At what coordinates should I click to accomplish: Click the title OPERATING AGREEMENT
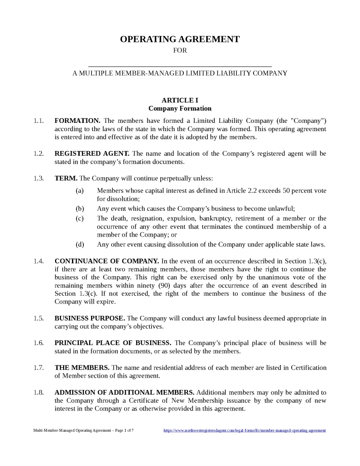pyautogui.click(x=180, y=39)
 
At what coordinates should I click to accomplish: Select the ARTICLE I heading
pyautogui.click(x=180, y=100)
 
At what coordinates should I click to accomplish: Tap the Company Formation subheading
pyautogui.click(x=180, y=108)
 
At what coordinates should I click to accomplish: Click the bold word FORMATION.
pyautogui.click(x=77, y=121)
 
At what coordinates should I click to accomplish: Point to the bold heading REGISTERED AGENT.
pyautogui.click(x=92, y=153)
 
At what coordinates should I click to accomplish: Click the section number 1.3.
pyautogui.click(x=38, y=178)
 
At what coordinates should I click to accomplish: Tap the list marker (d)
pyautogui.click(x=80, y=244)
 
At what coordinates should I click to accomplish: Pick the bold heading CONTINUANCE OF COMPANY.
pyautogui.click(x=106, y=261)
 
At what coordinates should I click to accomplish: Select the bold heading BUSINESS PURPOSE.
pyautogui.click(x=90, y=318)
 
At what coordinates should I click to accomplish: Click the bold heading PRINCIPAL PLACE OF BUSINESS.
pyautogui.click(x=113, y=343)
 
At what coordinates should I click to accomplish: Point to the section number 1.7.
pyautogui.click(x=38, y=367)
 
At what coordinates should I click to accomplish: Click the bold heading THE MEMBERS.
pyautogui.click(x=82, y=367)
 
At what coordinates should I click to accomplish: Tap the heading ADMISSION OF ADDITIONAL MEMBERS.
pyautogui.click(x=124, y=392)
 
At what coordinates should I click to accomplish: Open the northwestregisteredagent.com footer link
pyautogui.click(x=244, y=430)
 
